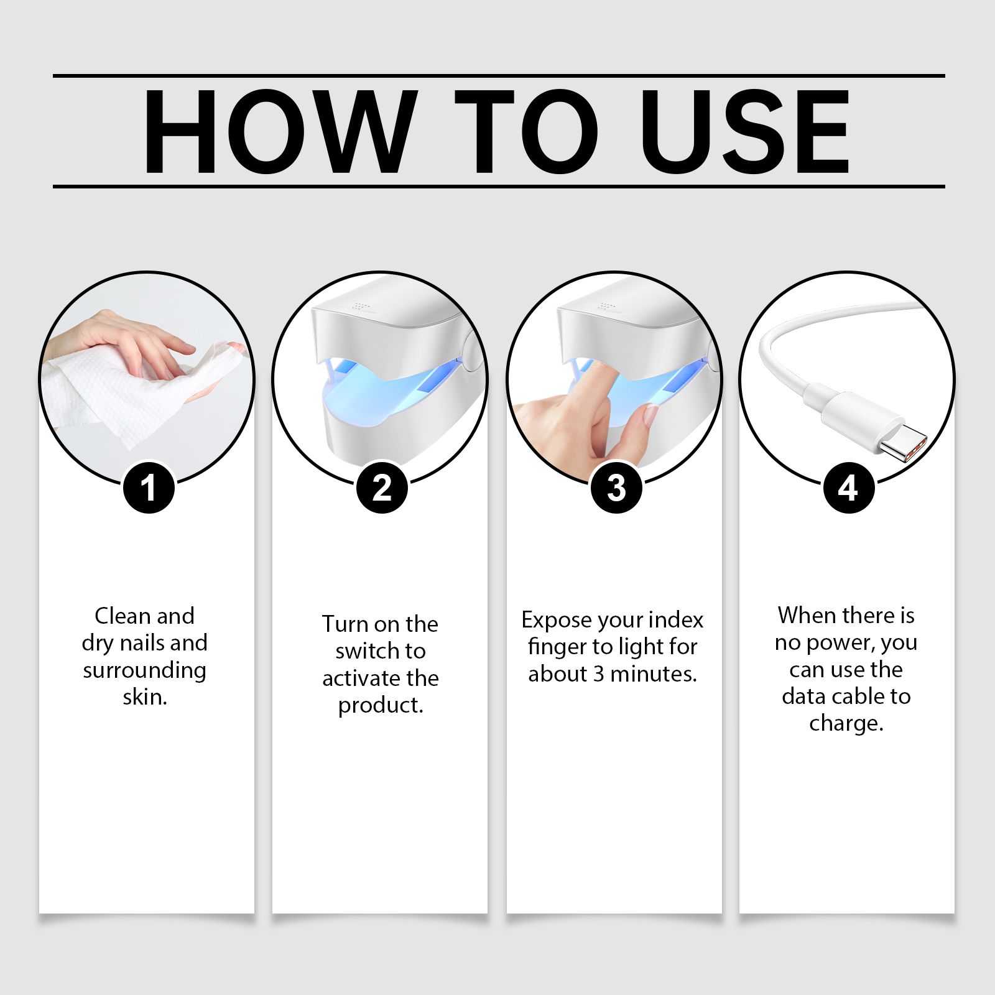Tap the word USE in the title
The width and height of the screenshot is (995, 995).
click(x=746, y=131)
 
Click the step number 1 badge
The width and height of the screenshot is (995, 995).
click(x=149, y=488)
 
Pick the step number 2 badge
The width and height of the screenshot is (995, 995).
click(x=382, y=488)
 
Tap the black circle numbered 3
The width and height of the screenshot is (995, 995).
click(x=616, y=488)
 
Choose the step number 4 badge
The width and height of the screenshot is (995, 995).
click(x=849, y=488)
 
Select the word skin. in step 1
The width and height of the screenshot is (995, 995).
click(x=145, y=697)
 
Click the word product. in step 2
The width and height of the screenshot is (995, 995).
click(x=381, y=706)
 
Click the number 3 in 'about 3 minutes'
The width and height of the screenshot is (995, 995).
click(x=598, y=674)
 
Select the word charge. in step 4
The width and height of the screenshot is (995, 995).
click(x=846, y=724)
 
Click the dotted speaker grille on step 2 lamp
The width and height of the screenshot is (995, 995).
click(x=360, y=306)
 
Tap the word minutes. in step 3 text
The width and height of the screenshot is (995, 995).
click(x=654, y=674)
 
